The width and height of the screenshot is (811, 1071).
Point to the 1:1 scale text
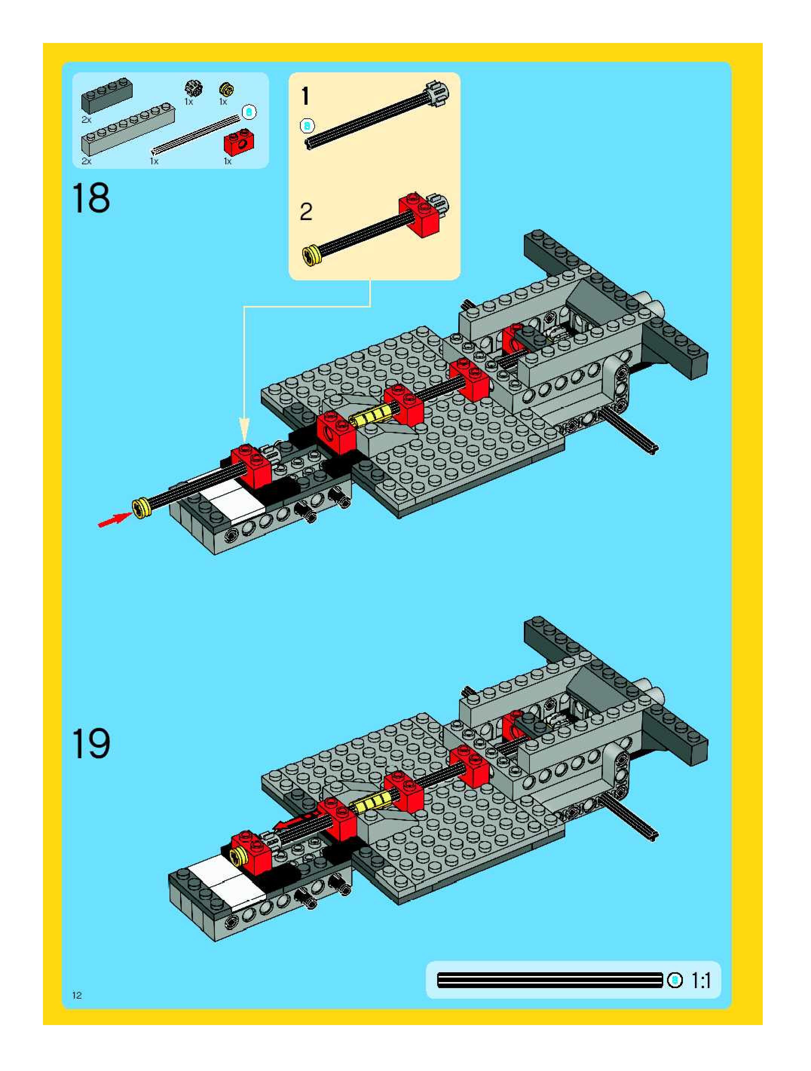701,981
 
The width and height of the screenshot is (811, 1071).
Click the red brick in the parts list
238,142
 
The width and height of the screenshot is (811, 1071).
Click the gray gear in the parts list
194,89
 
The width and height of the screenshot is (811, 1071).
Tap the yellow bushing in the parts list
226,89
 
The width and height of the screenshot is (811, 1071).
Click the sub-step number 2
306,211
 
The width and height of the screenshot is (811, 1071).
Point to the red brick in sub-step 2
420,214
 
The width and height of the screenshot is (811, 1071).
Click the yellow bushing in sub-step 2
311,255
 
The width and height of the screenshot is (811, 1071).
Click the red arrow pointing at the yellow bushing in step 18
114,520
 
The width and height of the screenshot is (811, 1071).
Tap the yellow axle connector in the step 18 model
371,415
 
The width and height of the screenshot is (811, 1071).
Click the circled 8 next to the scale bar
675,981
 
